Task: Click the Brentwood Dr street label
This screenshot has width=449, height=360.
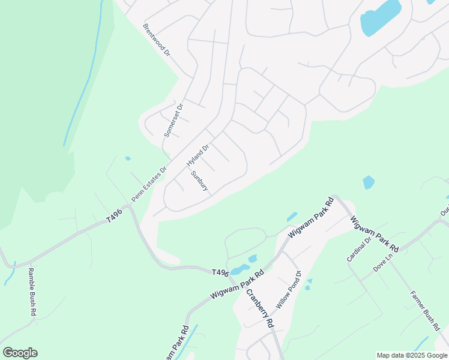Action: tap(157, 40)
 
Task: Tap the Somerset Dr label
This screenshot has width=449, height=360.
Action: tap(173, 120)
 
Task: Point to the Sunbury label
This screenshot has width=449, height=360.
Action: tap(199, 181)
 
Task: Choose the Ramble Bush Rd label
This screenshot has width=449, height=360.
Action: tap(32, 292)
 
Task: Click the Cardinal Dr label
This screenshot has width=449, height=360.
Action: tap(355, 248)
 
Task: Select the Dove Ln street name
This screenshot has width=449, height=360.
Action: tap(382, 261)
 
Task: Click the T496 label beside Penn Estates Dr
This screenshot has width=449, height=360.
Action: tap(115, 215)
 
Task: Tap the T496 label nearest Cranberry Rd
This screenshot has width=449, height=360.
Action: tap(220, 272)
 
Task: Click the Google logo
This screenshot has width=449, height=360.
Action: tap(20, 353)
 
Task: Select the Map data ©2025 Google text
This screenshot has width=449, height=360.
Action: tap(412, 355)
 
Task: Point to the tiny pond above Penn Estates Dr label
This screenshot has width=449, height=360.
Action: tap(128, 158)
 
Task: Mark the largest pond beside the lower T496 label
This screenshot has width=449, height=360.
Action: tap(240, 268)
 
